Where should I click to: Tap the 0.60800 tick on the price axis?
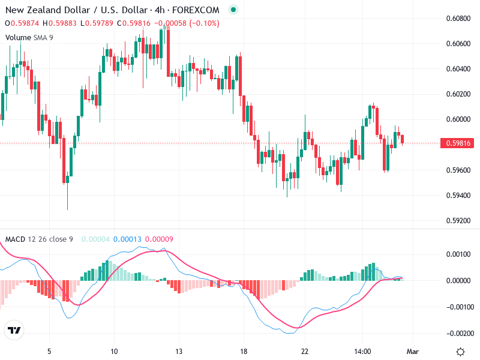[x=458, y=19]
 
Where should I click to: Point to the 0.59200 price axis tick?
[x=458, y=221]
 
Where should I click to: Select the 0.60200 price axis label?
[x=458, y=94]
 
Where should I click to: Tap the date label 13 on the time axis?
[x=178, y=351]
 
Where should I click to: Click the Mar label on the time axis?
[x=412, y=351]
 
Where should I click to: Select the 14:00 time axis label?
[x=363, y=351]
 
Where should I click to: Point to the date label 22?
[x=305, y=351]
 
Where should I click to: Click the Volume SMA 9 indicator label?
[x=29, y=37]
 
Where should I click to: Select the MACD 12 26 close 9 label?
[x=39, y=239]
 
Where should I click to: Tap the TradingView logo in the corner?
[x=14, y=330]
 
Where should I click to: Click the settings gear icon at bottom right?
[x=460, y=352]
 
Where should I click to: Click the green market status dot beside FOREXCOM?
[x=233, y=10]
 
